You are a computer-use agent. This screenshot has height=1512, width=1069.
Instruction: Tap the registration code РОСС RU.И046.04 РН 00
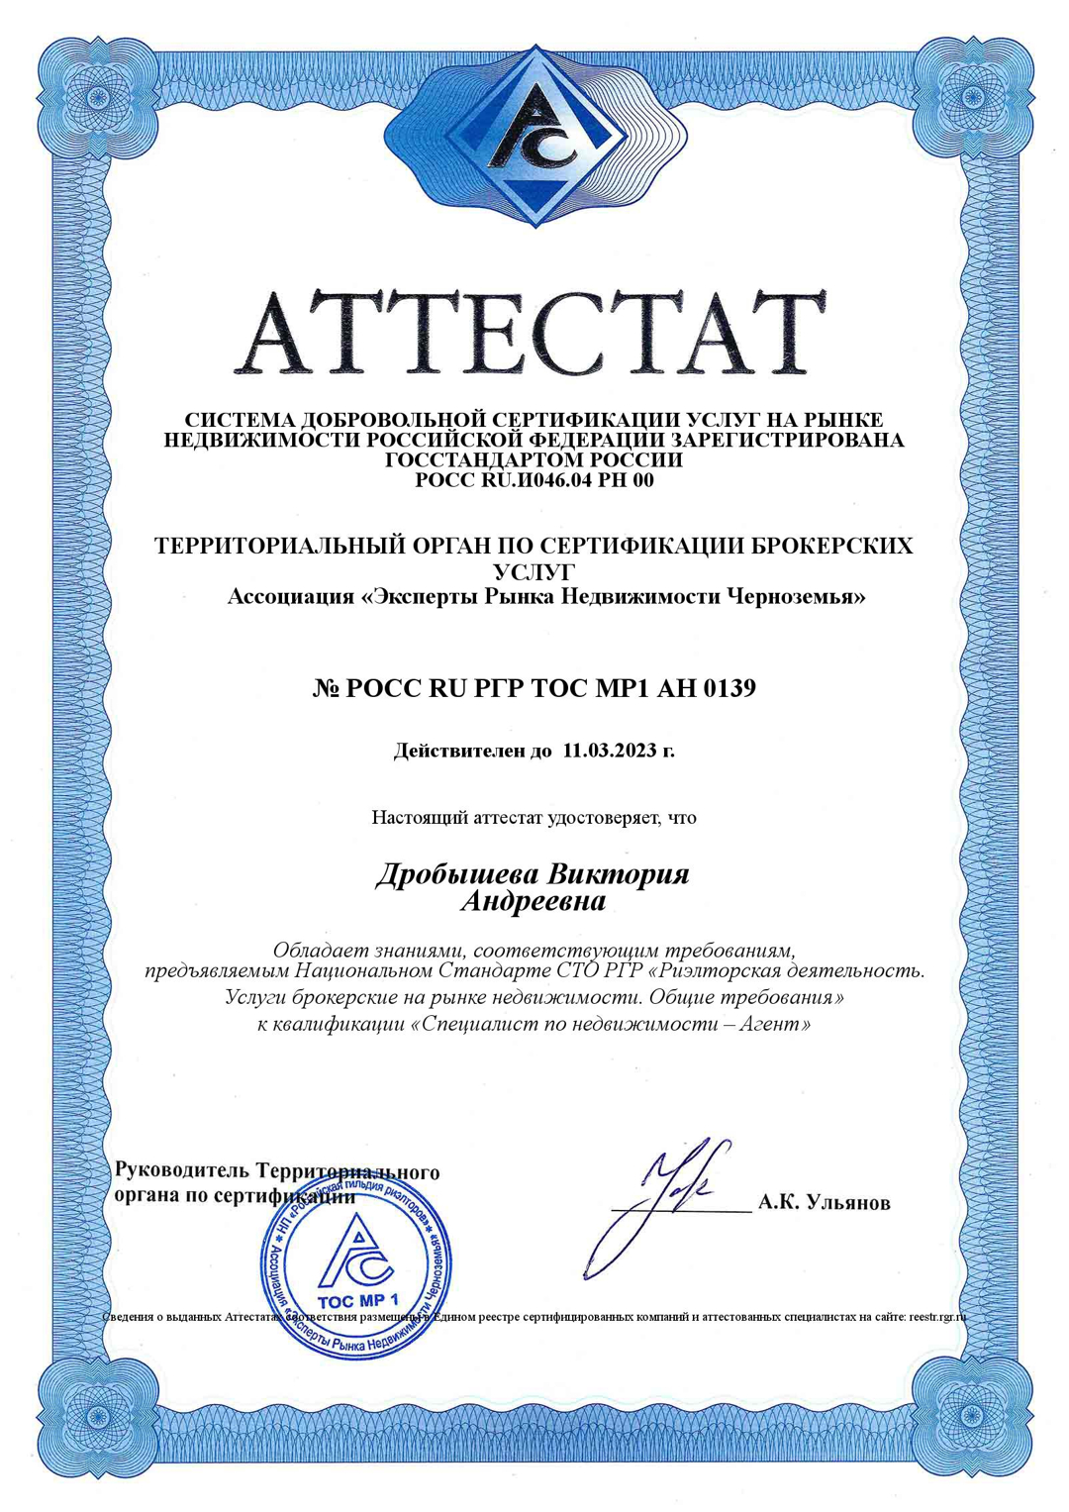(x=534, y=481)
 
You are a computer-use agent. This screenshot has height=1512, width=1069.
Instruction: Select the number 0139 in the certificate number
(x=729, y=688)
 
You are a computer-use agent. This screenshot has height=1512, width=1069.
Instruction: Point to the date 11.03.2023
(x=610, y=751)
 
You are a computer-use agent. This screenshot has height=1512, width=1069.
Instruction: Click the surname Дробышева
(x=456, y=875)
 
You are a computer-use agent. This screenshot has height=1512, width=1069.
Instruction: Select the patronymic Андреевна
(x=534, y=902)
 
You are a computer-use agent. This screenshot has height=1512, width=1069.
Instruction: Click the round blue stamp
(x=356, y=1267)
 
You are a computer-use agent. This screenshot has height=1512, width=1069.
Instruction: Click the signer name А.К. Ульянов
(x=824, y=1203)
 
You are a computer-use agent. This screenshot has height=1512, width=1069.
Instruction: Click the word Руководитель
(x=181, y=1170)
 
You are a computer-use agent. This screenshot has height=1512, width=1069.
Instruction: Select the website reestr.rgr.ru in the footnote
(x=936, y=1318)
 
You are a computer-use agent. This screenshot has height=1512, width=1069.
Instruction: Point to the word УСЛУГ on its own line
(x=534, y=571)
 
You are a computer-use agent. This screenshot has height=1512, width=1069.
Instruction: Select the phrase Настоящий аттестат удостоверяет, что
(x=534, y=818)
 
